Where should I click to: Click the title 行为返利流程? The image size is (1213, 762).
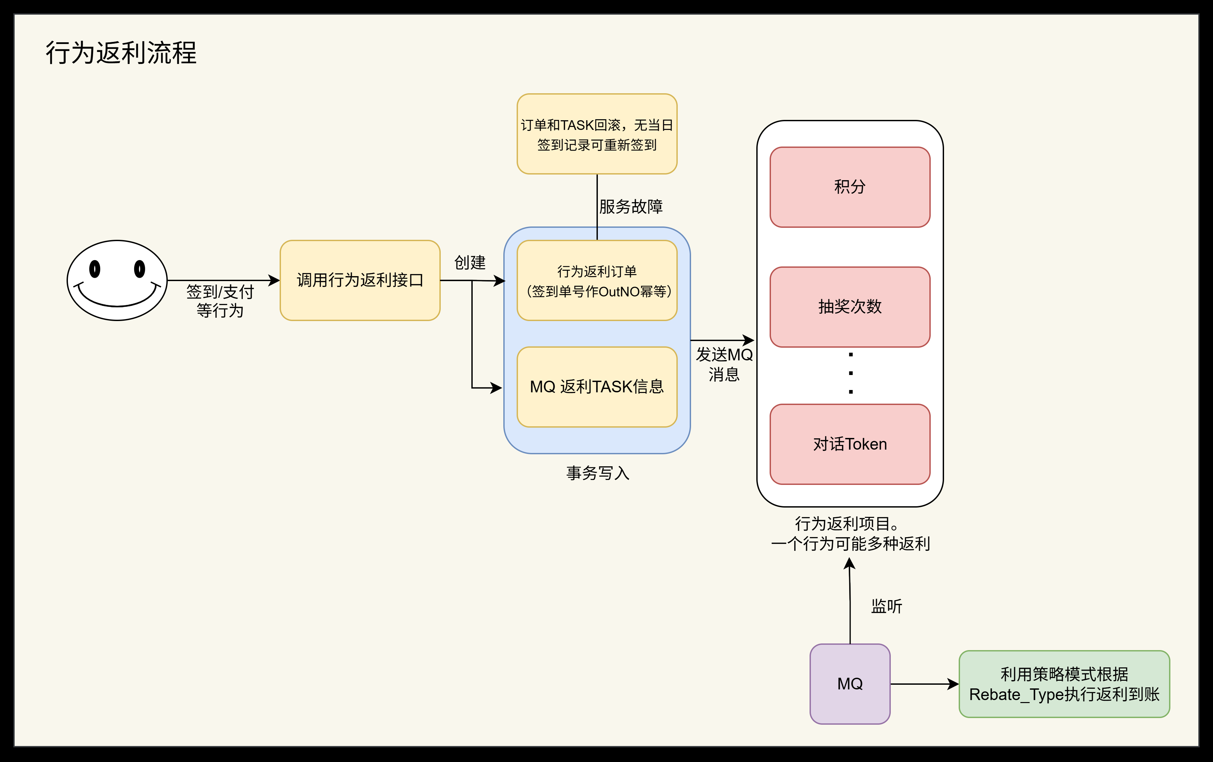pos(121,52)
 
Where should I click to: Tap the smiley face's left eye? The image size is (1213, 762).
pos(95,269)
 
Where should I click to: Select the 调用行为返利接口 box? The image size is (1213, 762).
pos(360,280)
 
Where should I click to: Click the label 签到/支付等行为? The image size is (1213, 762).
pos(220,301)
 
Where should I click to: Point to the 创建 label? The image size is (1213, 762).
pos(469,262)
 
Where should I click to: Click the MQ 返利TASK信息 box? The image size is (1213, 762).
pos(597,387)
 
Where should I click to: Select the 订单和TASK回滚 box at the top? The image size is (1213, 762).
pos(597,134)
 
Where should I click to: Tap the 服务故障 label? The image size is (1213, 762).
pos(631,206)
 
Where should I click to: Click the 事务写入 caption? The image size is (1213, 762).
pos(598,473)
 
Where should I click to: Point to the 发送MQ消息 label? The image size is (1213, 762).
pos(724,364)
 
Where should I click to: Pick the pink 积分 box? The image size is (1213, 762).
pos(850,187)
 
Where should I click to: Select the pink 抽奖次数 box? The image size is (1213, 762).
pos(850,306)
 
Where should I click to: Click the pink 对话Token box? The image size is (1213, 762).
pos(850,444)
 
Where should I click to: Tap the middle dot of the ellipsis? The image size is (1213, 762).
pos(851,373)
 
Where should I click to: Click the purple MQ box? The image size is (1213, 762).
pos(850,684)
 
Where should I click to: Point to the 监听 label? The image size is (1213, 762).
pos(886,606)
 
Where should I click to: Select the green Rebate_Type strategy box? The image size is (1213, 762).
pos(1064,684)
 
